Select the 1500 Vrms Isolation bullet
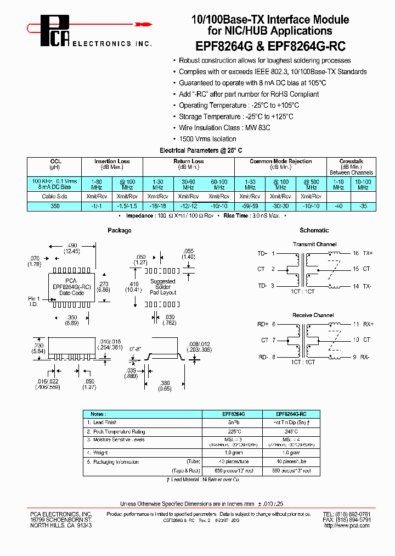point(207,139)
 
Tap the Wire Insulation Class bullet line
point(224,127)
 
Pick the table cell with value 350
point(54,206)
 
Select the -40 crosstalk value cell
point(338,206)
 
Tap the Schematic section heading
point(314,230)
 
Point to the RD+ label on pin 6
point(263,325)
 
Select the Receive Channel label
point(313,315)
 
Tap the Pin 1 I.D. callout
point(35,301)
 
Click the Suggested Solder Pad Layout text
point(163,287)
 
